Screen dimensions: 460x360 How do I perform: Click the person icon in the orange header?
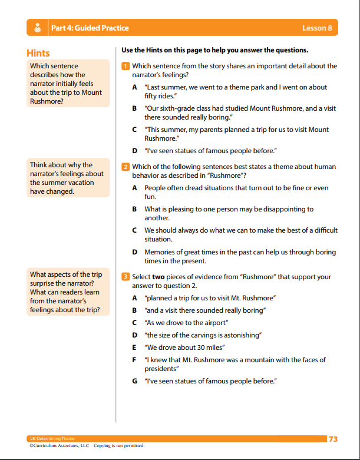[38, 28]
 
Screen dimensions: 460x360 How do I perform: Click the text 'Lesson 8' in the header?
[317, 28]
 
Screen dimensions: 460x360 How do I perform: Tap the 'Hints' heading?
[38, 53]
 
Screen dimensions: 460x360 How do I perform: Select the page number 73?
[333, 439]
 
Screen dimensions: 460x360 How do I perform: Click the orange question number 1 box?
[125, 66]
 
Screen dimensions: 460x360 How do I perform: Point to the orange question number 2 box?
[125, 167]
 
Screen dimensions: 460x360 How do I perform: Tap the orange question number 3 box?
[125, 277]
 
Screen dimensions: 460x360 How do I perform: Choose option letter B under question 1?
[135, 108]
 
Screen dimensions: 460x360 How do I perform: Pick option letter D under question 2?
[135, 252]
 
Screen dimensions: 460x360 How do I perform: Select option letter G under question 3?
[135, 382]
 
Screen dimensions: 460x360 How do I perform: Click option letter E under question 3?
[135, 348]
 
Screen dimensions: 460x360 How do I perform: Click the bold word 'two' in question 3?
[159, 277]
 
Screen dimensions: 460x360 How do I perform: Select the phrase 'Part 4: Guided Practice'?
[90, 28]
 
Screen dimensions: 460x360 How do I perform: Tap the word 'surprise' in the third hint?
[44, 283]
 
